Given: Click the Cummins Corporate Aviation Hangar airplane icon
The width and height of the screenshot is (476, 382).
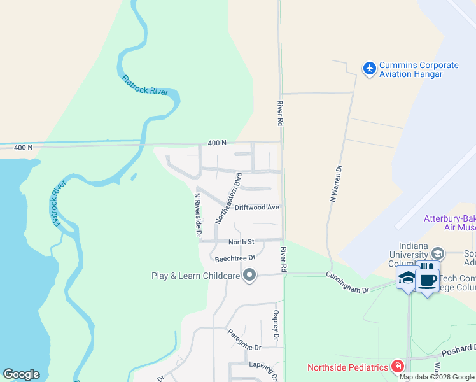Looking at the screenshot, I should coord(369,68).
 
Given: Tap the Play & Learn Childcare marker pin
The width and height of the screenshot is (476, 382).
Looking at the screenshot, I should coord(249,276).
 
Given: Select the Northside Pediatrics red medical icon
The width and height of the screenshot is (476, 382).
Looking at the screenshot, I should coord(398,367).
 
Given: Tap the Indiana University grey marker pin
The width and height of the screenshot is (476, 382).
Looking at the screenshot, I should coord(437,253).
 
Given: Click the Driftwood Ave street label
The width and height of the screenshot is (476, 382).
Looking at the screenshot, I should coord(257,208).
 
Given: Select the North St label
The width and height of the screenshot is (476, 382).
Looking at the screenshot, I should coord(241,242).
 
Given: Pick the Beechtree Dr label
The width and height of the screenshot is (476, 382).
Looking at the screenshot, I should coord(235,258).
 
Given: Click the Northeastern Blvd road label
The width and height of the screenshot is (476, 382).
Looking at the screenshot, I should coord(228,198).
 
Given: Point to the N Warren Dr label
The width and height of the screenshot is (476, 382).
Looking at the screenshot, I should coord(336,185).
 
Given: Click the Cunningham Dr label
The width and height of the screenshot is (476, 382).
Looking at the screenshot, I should coord(347,281).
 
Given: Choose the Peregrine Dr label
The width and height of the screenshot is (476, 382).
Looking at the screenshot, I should coord(244,348).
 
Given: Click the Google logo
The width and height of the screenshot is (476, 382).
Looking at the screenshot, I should coord(21,374).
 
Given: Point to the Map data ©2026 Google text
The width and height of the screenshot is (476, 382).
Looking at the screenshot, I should coord(437,377).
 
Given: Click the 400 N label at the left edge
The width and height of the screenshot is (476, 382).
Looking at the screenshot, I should coord(23,148).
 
